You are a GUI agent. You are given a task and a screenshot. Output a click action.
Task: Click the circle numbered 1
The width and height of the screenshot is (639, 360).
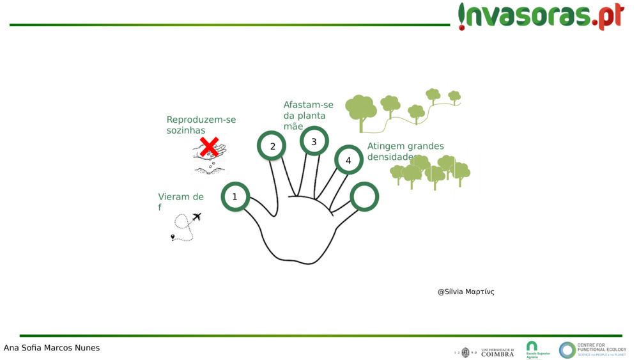click(x=235, y=197)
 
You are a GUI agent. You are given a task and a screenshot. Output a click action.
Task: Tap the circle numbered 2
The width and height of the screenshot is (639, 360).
click(x=273, y=146)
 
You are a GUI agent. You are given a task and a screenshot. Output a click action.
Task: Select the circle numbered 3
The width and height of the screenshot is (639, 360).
click(x=314, y=142)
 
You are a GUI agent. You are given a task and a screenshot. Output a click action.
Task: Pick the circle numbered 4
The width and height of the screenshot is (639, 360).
click(x=348, y=160)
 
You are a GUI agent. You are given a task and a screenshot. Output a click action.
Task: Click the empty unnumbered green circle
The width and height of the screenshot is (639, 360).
click(x=364, y=197)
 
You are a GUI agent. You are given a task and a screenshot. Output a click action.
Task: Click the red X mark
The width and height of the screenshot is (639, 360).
click(x=209, y=146)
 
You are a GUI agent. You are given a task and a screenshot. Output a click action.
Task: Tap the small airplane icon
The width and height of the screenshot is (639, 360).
click(x=196, y=217)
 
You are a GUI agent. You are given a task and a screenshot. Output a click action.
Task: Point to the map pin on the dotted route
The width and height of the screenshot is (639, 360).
click(x=173, y=237)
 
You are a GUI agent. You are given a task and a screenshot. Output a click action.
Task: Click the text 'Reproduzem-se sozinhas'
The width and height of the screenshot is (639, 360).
click(x=201, y=125)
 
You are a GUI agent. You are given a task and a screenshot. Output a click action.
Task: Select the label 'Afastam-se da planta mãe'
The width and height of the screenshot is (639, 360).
click(x=308, y=116)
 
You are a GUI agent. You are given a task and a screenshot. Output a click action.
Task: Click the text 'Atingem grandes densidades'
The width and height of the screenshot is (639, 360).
click(x=405, y=152)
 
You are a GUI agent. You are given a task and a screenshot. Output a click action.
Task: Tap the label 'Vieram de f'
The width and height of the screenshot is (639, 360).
click(x=180, y=201)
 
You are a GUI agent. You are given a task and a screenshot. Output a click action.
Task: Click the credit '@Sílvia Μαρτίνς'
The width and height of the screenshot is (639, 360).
click(x=465, y=292)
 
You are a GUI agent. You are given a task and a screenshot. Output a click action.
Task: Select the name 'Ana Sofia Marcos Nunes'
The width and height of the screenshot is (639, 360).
click(x=52, y=348)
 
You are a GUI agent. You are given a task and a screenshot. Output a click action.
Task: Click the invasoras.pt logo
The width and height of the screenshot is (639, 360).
click(x=541, y=15)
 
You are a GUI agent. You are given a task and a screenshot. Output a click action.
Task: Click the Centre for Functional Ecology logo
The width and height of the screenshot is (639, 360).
click(x=592, y=350)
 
